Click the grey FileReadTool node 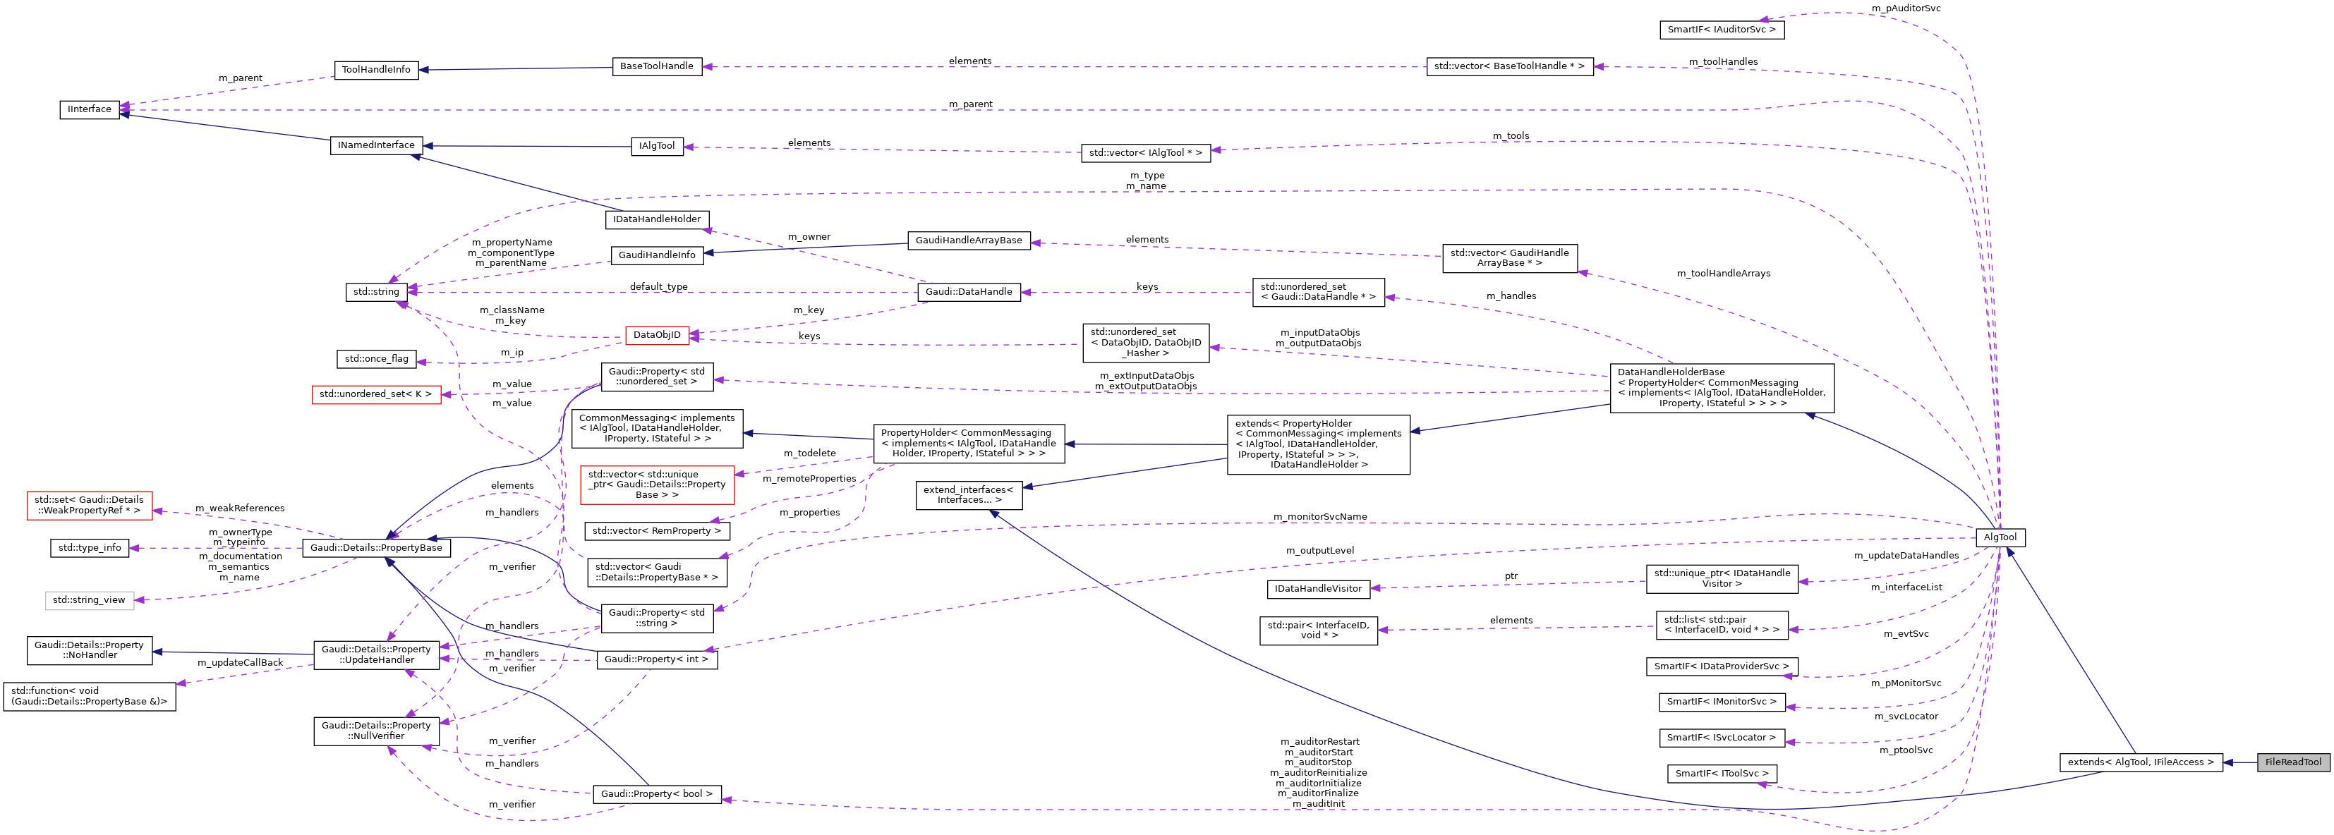2292,762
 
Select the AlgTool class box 2000,537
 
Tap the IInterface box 90,109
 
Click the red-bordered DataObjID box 657,335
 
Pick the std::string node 376,292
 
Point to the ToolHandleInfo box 376,70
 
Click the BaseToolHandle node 657,66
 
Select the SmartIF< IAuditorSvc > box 1722,30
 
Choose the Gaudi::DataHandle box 969,292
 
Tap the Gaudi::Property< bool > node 657,794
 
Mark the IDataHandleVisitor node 1317,589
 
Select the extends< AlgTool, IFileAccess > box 2140,762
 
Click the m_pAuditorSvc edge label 1906,8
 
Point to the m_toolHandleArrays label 1722,274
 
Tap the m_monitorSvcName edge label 1319,516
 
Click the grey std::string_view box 90,599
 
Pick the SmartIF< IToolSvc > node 1722,774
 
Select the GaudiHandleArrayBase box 969,240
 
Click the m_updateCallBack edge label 240,663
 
